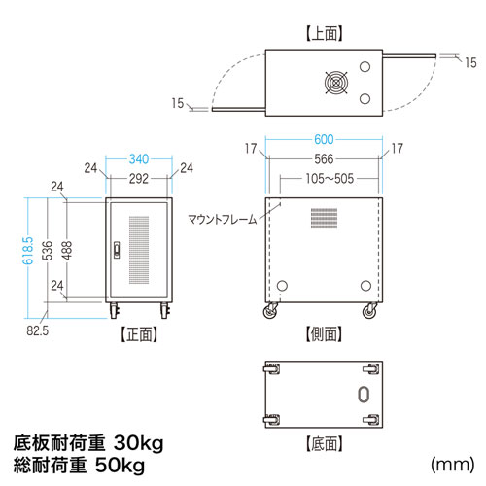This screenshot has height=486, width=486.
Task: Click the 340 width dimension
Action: coord(140,158)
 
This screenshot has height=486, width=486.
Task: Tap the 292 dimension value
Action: coord(140,178)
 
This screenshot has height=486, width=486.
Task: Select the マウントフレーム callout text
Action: coord(224,220)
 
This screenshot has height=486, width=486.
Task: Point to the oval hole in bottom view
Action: coord(364,394)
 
